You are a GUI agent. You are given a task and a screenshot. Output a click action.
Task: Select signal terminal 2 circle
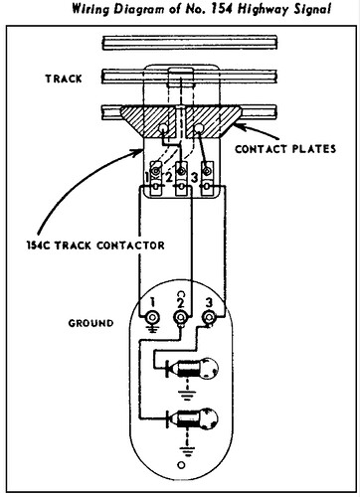point(180,319)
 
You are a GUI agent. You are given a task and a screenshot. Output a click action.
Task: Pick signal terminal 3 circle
point(209,319)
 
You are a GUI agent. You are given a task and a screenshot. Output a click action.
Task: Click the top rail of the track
point(179,45)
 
